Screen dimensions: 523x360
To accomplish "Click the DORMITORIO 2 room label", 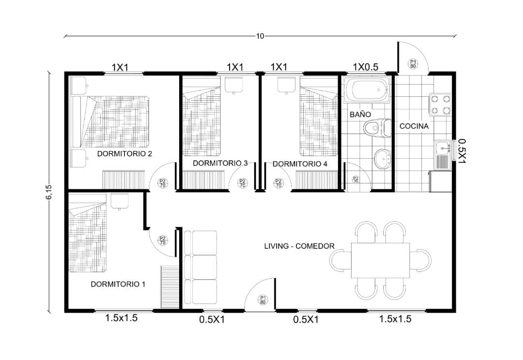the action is pos(124,154).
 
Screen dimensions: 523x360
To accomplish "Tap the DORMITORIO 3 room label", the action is pos(220,164).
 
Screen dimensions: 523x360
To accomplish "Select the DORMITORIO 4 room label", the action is pos(300,164).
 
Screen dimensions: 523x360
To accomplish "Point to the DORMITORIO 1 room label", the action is pos(118,285).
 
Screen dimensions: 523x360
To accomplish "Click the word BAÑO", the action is pos(360,114).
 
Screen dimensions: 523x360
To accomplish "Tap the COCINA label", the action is pos(414,126).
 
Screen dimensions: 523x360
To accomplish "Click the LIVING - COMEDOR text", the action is pos(299,246).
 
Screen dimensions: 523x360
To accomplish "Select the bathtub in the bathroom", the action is pos(367,90).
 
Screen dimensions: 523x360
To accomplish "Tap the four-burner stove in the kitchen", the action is pos(440,105).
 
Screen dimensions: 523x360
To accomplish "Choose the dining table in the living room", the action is pos(380,260).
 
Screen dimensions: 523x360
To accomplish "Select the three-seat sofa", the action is pos(200,267).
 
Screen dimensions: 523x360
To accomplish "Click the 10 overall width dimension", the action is pos(260,36).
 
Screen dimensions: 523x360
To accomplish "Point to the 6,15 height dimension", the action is pos(49,192).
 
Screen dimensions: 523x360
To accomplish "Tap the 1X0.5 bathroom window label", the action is pos(366,67).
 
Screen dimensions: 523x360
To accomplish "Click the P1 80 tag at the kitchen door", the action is pos(413,64).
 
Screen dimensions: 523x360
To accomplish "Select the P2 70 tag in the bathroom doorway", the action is pos(356,180).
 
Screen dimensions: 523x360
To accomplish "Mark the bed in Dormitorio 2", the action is pos(110,121).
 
